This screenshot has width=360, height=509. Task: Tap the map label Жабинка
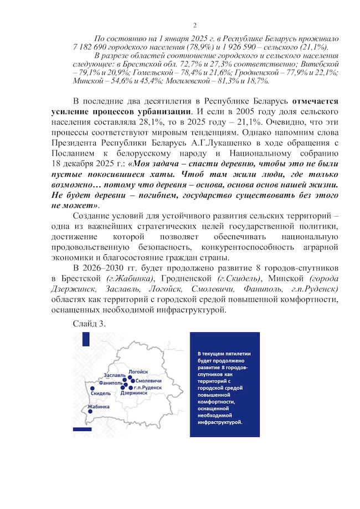(x=99, y=407)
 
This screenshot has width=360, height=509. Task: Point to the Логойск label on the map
(x=138, y=371)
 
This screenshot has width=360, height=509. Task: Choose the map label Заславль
(x=115, y=376)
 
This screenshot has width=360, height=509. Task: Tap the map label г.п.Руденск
(x=147, y=388)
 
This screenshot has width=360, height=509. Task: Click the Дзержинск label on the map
(x=133, y=393)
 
